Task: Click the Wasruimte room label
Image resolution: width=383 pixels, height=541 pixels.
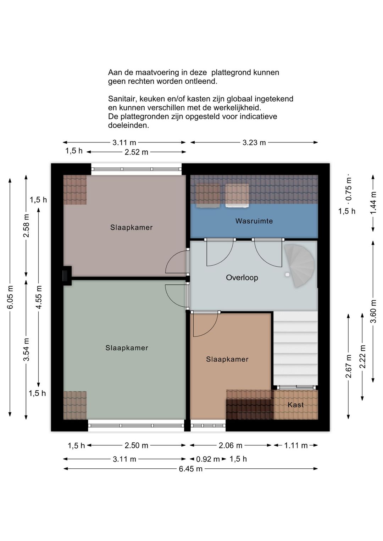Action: click(254, 221)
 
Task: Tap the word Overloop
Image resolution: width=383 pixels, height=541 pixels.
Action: click(242, 278)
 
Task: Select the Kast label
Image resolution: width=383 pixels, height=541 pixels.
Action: click(295, 405)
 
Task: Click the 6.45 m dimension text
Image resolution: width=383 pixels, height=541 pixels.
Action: click(191, 469)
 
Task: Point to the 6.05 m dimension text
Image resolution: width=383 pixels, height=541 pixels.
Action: click(10, 297)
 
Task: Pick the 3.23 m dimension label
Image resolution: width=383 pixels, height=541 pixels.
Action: click(254, 143)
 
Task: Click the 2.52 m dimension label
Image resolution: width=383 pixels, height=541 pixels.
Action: click(136, 152)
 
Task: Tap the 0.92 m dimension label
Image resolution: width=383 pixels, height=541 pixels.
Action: click(208, 459)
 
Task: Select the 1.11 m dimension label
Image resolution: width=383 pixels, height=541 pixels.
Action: click(296, 445)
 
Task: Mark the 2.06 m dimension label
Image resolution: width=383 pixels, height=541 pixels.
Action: click(230, 445)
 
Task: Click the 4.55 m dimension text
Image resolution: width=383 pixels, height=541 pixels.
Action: click(39, 297)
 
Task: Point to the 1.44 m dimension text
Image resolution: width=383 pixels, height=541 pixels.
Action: click(373, 202)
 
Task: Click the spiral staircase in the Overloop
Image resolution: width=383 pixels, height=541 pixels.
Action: click(299, 266)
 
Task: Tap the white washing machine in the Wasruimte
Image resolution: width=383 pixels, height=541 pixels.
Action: click(237, 196)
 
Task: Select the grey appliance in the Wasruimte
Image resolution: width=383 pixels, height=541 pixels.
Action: click(208, 196)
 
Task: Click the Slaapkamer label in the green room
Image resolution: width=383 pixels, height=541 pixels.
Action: click(127, 348)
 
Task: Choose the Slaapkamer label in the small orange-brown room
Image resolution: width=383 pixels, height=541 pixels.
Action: click(227, 359)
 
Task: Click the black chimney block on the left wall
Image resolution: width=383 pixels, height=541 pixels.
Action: click(67, 275)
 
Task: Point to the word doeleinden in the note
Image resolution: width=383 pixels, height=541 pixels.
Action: click(128, 126)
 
